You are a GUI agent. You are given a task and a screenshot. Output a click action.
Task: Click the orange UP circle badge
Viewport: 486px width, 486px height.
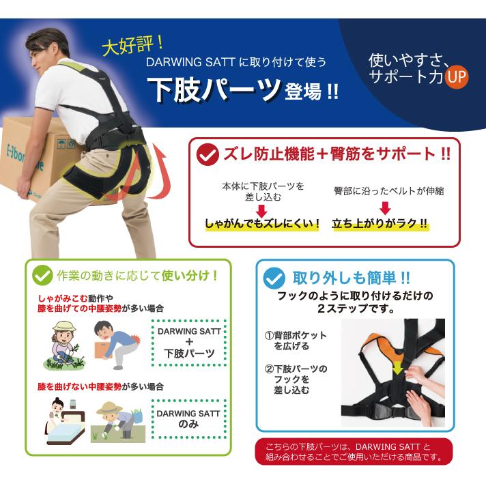tap(456, 77)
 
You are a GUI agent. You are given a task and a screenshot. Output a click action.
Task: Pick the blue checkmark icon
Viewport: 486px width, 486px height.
tap(274, 278)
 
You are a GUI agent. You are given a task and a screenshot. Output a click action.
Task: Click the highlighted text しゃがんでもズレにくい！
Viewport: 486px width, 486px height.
tap(262, 223)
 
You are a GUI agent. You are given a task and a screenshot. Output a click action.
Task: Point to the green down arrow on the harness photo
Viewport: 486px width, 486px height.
tap(397, 368)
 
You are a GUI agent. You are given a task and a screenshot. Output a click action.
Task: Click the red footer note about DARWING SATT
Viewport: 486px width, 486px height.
tap(354, 452)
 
